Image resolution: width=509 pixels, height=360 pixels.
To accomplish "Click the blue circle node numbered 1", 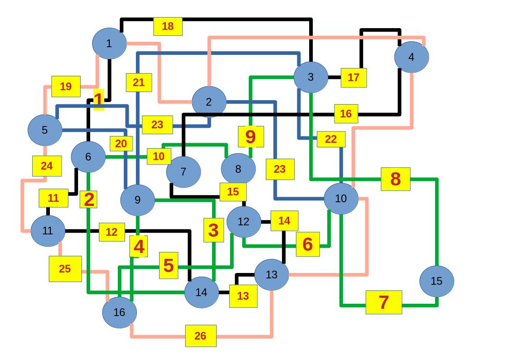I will (x=109, y=44).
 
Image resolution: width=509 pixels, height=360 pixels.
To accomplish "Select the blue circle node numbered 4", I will (x=411, y=57).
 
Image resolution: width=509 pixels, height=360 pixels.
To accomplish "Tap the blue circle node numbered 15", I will (x=436, y=281).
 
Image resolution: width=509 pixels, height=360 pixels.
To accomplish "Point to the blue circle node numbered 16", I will (x=119, y=312).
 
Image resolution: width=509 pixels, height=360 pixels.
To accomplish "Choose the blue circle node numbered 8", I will (x=238, y=169).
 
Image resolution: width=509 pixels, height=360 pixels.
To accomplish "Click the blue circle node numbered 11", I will (x=48, y=231).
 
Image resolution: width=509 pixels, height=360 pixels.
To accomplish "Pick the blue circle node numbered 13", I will (x=271, y=275).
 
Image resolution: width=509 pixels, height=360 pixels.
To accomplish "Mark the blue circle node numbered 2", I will (x=208, y=102).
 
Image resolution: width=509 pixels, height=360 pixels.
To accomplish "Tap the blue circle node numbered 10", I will (x=341, y=199).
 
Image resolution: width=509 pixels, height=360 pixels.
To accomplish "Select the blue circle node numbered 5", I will (x=44, y=130).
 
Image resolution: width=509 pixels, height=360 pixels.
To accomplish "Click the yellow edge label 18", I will (x=168, y=26).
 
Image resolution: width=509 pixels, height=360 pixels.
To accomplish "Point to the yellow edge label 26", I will (x=200, y=336).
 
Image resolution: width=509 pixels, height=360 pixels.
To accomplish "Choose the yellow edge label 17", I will (x=354, y=78).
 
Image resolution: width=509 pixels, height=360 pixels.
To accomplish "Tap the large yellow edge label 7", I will (x=383, y=302).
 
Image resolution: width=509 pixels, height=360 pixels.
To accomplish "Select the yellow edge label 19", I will (x=66, y=87).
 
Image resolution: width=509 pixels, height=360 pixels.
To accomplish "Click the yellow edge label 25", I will (x=65, y=269).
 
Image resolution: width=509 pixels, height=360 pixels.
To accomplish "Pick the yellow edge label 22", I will (x=331, y=139).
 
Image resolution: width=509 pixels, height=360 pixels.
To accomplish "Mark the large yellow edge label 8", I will (x=395, y=179).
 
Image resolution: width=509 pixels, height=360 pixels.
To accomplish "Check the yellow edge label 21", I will (x=139, y=83).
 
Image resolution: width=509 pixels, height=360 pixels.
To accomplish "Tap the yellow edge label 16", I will (x=346, y=114).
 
